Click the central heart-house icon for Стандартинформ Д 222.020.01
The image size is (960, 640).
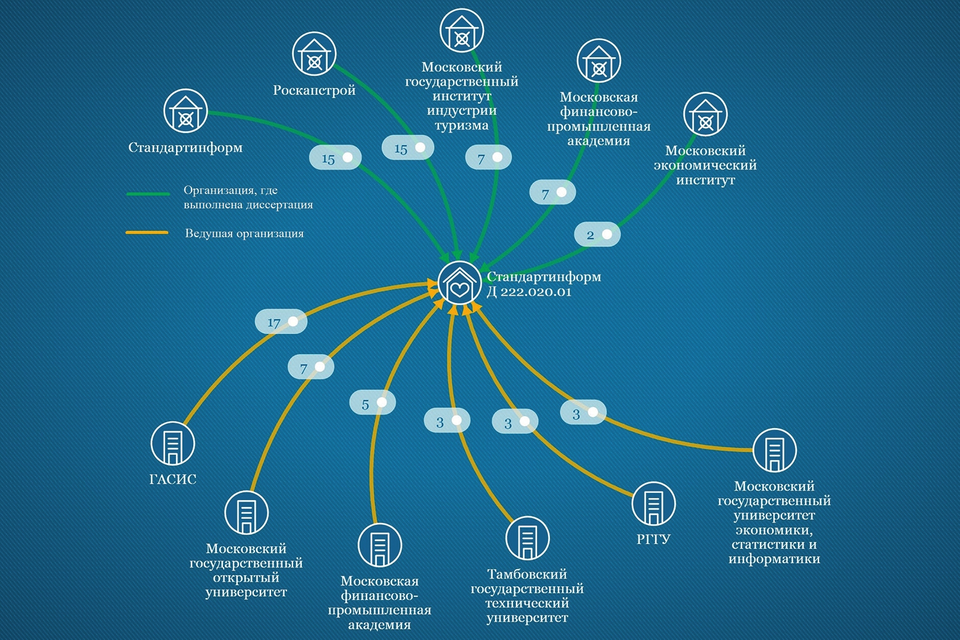(x=459, y=283)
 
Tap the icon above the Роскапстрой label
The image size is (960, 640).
(x=314, y=54)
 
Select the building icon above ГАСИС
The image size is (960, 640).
(x=173, y=444)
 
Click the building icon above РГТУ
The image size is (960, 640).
(x=653, y=504)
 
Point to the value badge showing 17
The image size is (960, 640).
(x=281, y=322)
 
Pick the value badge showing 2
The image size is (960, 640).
(x=597, y=234)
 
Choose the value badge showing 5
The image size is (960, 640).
(x=373, y=403)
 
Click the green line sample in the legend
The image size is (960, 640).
(x=148, y=194)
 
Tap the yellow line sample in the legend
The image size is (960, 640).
(x=147, y=233)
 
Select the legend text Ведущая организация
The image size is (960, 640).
(x=244, y=233)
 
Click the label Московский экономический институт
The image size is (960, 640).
(x=705, y=165)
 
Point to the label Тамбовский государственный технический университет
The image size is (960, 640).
(x=527, y=596)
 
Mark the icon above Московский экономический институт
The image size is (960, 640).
(x=705, y=115)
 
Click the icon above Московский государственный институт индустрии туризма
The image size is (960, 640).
(x=462, y=31)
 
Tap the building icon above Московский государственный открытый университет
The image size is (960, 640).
(x=246, y=512)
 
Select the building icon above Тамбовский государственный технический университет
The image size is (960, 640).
(x=527, y=538)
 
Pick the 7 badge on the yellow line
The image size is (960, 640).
(x=311, y=367)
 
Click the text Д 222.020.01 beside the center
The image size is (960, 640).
(x=530, y=292)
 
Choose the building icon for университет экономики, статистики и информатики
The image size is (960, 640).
(x=775, y=450)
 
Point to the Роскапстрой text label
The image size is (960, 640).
(x=314, y=90)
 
